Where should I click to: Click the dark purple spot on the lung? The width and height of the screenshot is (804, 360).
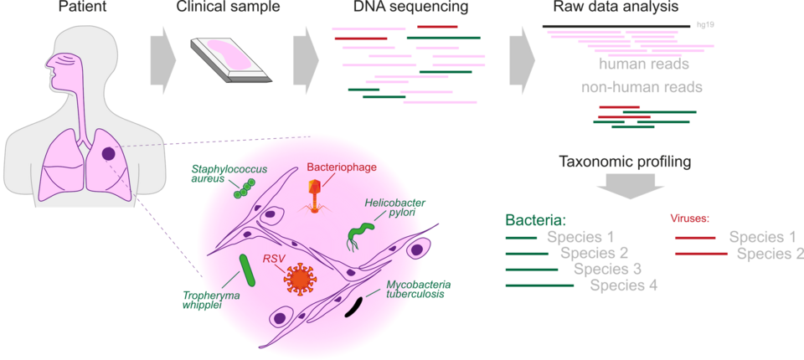tap(110, 153)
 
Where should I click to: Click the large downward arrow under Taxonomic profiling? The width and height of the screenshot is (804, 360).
tap(625, 186)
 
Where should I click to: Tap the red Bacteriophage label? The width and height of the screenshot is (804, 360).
tap(342, 167)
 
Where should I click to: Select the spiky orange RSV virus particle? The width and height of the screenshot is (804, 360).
tap(299, 279)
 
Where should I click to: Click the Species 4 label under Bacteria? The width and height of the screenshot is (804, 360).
tap(623, 285)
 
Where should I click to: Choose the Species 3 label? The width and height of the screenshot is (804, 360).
tap(608, 269)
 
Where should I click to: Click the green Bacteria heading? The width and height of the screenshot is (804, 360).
tap(536, 219)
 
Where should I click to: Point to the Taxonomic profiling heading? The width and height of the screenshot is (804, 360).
tap(625, 162)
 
